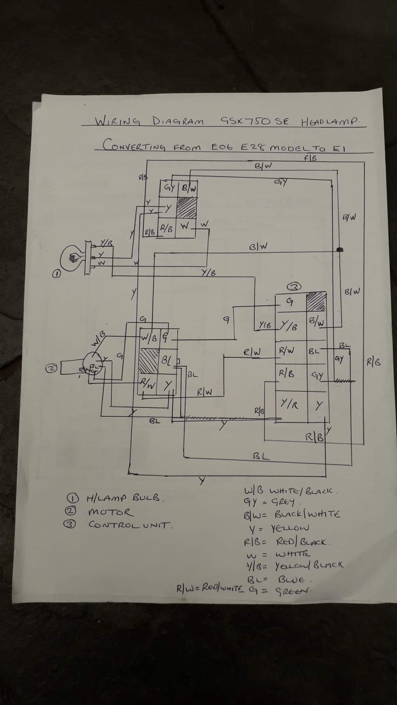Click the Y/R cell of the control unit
(290, 405)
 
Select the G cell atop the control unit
(290, 302)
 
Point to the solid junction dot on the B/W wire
(340, 250)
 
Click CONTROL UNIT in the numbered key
(130, 525)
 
